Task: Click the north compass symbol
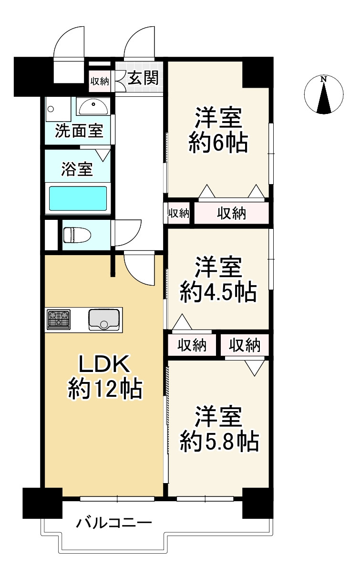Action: click(324, 95)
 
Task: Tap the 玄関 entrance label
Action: click(143, 78)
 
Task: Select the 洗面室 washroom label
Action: click(79, 130)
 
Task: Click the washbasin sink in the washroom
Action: click(93, 106)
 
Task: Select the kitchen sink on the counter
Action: click(103, 319)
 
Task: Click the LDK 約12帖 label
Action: click(104, 377)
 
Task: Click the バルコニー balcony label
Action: click(114, 523)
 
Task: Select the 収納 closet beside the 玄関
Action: click(100, 82)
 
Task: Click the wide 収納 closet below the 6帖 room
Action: click(232, 214)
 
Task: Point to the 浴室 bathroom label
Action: click(77, 170)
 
